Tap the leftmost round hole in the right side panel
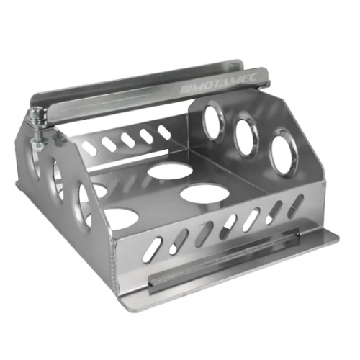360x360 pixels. [x=213, y=120]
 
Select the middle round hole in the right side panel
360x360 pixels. [x=246, y=134]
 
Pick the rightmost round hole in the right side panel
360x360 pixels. [x=283, y=151]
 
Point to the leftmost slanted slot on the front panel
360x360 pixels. [x=151, y=250]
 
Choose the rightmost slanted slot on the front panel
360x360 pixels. [x=295, y=206]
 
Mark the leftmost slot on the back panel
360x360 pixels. [x=89, y=148]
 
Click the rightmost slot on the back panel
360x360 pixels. [x=164, y=132]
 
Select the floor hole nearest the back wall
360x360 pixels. [x=171, y=171]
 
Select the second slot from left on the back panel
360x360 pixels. [x=108, y=144]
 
